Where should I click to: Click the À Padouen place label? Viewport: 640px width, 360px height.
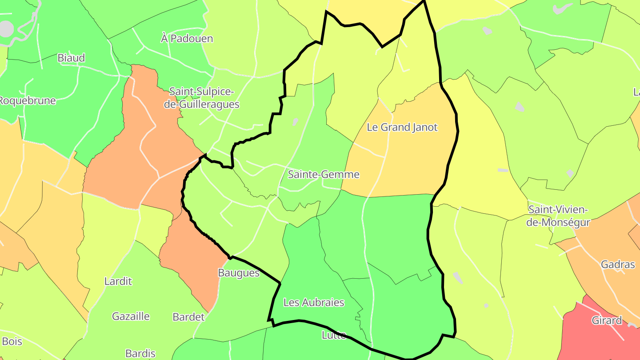[x=187, y=39]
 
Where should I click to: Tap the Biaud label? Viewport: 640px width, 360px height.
[x=71, y=58]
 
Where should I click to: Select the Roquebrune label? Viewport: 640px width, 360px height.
[x=27, y=100]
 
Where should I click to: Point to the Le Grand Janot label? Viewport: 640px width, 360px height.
[x=402, y=128]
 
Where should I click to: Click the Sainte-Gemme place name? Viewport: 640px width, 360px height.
[x=324, y=174]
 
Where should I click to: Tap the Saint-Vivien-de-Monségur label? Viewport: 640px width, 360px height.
[x=558, y=216]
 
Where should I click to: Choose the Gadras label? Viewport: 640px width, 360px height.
[x=618, y=264]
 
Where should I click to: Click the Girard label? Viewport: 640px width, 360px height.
[x=606, y=320]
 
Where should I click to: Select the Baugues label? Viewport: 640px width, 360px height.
[x=239, y=273]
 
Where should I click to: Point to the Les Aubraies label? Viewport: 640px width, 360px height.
[x=314, y=303]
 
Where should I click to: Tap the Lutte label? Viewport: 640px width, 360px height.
[x=333, y=335]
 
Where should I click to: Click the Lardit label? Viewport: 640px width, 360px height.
[x=118, y=281]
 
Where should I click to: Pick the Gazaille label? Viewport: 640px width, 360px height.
[x=131, y=316]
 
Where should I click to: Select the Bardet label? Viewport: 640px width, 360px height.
[x=188, y=317]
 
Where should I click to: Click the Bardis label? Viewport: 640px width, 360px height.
[x=140, y=354]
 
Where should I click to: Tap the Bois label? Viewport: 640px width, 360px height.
[x=12, y=342]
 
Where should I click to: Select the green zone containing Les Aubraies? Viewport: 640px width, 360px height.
[x=307, y=276]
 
